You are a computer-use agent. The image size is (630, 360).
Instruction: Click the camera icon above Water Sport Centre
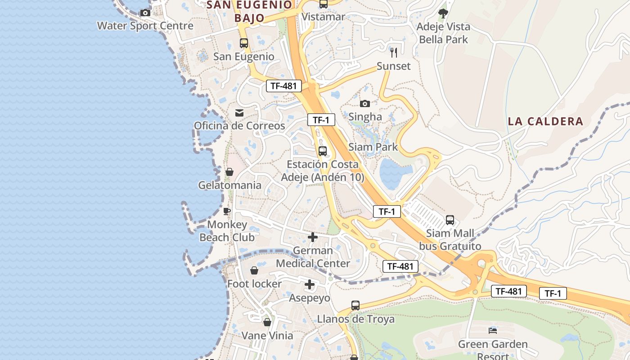point(145,13)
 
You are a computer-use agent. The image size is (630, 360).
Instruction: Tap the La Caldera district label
point(545,121)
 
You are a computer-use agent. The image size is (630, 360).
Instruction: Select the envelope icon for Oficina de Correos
point(239,112)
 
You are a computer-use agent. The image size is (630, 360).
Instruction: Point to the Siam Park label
point(373,147)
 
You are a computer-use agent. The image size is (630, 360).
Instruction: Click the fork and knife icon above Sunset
point(394,53)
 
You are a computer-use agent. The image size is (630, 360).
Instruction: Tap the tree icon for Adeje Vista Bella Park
point(443,13)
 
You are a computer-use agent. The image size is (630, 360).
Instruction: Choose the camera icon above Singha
point(365,103)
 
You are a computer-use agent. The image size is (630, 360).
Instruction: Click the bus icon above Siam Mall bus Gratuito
point(450,220)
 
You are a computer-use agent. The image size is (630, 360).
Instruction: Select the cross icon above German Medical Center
point(313,237)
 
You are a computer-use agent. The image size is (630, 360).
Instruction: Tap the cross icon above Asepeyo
point(310,284)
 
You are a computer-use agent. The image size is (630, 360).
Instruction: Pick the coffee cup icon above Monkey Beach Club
point(227,211)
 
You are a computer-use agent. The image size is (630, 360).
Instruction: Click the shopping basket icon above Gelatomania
point(229,172)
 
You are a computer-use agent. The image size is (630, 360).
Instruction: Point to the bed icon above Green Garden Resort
point(493,331)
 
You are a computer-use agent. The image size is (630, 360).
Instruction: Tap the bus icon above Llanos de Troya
point(355,306)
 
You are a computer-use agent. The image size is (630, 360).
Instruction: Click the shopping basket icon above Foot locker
point(254,270)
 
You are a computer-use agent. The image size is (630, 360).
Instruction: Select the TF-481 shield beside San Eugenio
point(283,86)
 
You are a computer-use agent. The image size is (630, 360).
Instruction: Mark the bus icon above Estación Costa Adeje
point(323,151)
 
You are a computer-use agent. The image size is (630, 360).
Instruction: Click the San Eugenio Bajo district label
point(249,11)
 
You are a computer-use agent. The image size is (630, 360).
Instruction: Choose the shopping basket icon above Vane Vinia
point(267,322)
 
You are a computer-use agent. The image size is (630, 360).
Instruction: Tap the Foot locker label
point(254,284)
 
